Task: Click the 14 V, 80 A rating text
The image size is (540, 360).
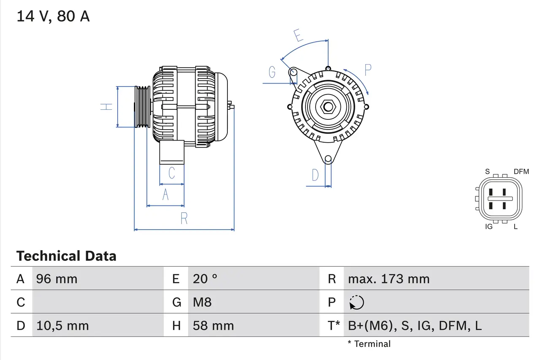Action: [53, 16]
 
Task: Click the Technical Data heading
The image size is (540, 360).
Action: [66, 256]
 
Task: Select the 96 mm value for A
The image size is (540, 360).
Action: [57, 279]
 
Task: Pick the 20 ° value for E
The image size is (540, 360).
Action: [205, 279]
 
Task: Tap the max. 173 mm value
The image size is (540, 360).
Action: [389, 279]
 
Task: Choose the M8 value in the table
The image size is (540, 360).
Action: [202, 302]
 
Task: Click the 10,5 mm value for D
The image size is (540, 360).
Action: [62, 326]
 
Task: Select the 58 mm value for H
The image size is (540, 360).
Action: [213, 326]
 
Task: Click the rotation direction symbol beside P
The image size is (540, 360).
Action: [356, 303]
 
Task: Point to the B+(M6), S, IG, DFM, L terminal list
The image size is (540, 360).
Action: [415, 326]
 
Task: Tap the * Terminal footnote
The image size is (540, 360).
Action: [369, 344]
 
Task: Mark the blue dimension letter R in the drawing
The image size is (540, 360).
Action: [184, 219]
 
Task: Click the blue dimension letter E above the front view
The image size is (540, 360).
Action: [299, 35]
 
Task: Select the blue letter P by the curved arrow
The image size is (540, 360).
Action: [367, 70]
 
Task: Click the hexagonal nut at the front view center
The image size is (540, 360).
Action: [328, 106]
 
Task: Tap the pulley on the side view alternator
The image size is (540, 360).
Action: [142, 107]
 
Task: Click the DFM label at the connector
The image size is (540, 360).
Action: [521, 171]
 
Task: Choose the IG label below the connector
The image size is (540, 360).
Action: [489, 227]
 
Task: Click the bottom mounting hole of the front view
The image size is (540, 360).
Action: [328, 159]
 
